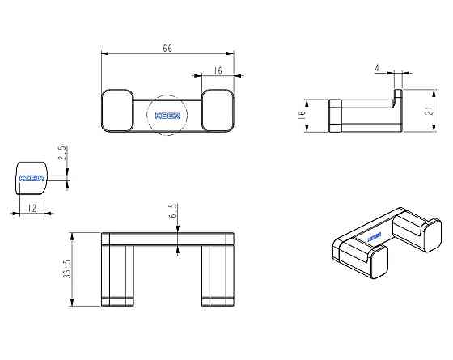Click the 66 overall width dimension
click(167, 48)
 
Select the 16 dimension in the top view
click(218, 70)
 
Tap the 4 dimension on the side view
click(377, 68)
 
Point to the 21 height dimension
click(430, 109)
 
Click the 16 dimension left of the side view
click(301, 113)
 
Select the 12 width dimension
click(32, 208)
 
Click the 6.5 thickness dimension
click(172, 210)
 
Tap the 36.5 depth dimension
click(66, 269)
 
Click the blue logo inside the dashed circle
click(167, 116)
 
